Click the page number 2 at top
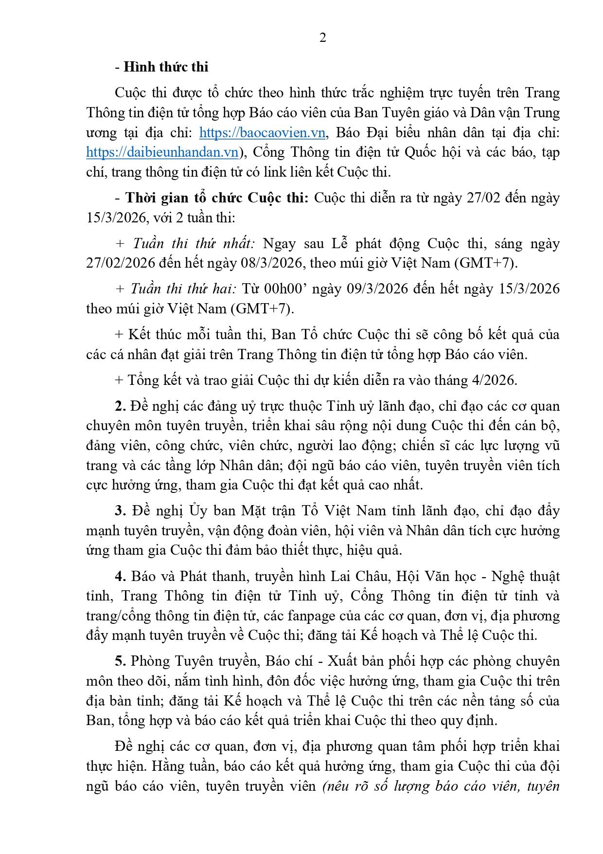tap(322, 37)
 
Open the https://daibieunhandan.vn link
tap(162, 152)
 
